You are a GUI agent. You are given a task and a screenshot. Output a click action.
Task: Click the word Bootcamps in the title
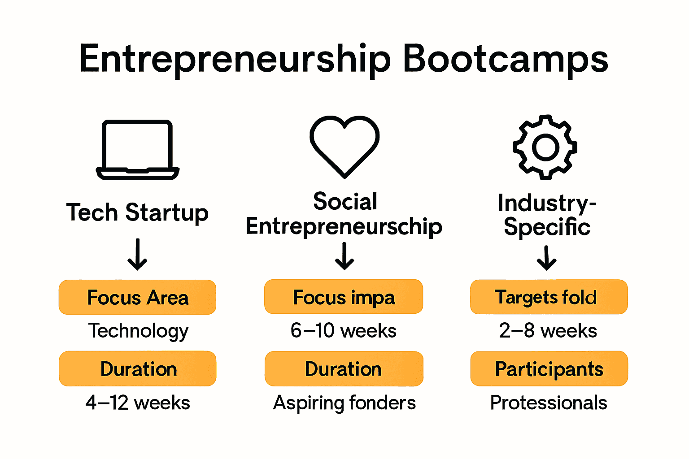click(x=506, y=59)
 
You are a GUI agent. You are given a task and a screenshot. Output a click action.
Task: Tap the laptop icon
click(x=138, y=150)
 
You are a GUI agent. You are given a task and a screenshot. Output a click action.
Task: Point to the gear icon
click(x=545, y=147)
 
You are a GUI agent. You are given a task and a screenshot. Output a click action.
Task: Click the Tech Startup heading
click(x=137, y=212)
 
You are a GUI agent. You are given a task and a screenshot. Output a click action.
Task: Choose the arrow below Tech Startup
click(x=137, y=254)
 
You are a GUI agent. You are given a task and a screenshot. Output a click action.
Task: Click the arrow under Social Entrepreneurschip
click(x=344, y=256)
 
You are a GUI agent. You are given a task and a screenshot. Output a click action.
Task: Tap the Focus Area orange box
click(x=137, y=297)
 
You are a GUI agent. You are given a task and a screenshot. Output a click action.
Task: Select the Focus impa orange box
click(x=344, y=297)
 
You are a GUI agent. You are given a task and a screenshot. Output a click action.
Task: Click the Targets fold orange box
click(x=549, y=297)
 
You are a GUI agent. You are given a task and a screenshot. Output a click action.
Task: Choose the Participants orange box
click(x=549, y=368)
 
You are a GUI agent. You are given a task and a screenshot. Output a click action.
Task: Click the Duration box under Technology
click(x=137, y=368)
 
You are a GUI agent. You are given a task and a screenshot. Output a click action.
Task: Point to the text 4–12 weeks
click(x=138, y=403)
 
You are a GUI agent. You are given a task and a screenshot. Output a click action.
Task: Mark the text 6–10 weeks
click(x=344, y=331)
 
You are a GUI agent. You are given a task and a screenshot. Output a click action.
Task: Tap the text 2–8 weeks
click(x=548, y=331)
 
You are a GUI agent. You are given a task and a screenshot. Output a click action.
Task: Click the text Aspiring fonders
click(x=344, y=403)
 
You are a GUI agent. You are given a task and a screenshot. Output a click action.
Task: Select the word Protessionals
click(x=548, y=403)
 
